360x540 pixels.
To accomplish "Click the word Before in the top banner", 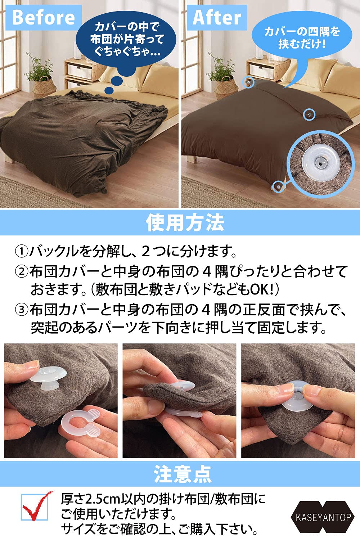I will (x=44, y=17).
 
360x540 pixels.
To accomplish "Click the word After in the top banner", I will (x=217, y=17).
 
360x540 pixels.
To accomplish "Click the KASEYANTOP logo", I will (x=323, y=517).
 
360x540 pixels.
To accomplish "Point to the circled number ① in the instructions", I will (x=21, y=251).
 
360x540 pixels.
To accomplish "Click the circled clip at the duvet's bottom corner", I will (x=278, y=186).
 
